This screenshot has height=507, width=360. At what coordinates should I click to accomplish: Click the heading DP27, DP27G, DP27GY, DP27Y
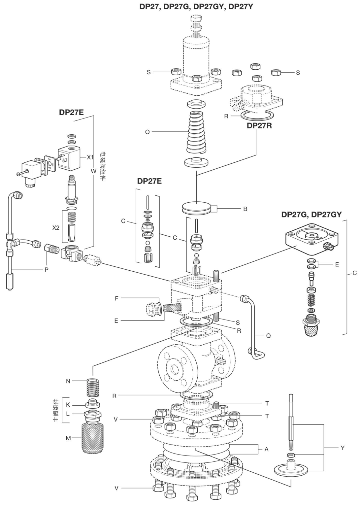click(x=196, y=7)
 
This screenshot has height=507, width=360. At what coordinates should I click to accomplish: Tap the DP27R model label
click(x=259, y=125)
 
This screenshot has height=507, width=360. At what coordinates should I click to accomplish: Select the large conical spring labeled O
click(x=197, y=134)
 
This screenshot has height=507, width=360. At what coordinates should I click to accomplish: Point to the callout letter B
click(x=245, y=209)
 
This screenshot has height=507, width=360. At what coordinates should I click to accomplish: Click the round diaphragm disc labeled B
click(x=196, y=209)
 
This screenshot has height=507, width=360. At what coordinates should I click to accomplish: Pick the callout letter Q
click(x=268, y=336)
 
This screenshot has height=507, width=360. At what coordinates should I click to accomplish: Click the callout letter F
click(x=116, y=298)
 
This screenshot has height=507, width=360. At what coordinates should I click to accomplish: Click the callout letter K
click(x=68, y=405)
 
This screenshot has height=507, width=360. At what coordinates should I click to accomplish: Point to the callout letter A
click(x=266, y=449)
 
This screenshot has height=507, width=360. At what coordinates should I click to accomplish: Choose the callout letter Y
click(x=343, y=448)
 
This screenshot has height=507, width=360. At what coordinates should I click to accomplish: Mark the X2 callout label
click(x=56, y=228)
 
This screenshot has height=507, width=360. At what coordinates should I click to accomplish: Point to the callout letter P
click(x=47, y=270)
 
